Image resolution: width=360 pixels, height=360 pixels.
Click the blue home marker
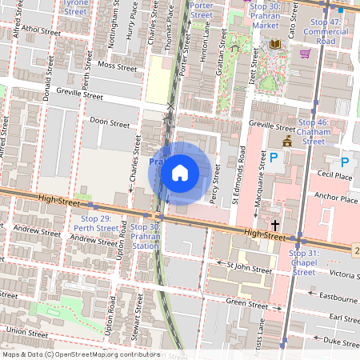(180, 172)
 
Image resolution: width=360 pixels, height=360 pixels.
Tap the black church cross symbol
(274, 226)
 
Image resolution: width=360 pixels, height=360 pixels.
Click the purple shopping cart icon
(305, 54)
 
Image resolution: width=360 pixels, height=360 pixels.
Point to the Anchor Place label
(336, 198)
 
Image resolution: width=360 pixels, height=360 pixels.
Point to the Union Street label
(26, 330)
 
